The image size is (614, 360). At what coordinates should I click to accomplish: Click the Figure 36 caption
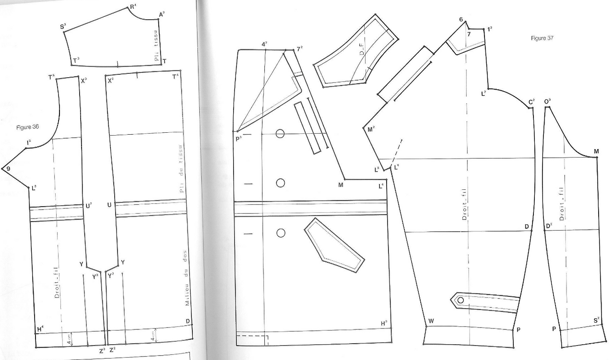click(27, 127)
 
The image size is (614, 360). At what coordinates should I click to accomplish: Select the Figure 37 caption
click(542, 38)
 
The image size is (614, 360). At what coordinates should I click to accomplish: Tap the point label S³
click(63, 27)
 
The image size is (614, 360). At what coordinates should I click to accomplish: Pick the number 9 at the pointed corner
click(8, 168)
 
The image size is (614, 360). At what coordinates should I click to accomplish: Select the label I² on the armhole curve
click(29, 142)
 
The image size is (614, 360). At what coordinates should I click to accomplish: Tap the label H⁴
click(40, 329)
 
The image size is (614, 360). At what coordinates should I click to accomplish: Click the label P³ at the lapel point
click(238, 138)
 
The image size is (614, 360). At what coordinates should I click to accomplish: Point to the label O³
click(547, 101)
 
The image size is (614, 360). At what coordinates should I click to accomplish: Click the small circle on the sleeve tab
click(460, 300)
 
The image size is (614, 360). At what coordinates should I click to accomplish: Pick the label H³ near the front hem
click(384, 324)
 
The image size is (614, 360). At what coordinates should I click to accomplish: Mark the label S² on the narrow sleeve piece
click(597, 320)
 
